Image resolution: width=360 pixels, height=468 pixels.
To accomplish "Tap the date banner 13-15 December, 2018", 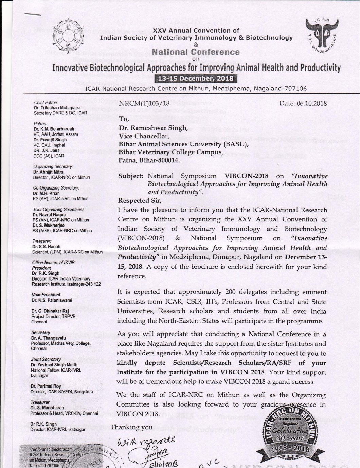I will coord(195,78).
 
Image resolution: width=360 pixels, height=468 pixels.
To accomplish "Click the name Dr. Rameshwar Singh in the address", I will coord(153,128).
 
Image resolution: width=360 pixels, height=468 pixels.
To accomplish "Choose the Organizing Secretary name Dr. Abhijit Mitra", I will coord(48,172).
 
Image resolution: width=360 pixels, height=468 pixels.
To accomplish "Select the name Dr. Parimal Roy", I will coord(46,386).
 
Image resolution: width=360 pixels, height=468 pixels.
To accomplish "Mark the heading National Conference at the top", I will coord(196,52).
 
